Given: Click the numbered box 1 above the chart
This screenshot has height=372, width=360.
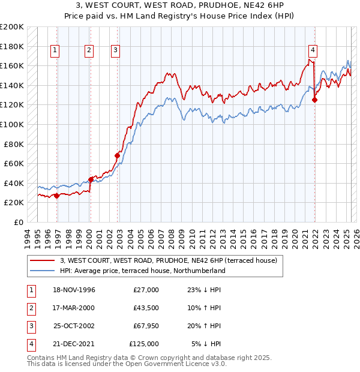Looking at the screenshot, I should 55,51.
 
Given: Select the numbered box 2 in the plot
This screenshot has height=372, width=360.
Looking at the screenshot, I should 89,51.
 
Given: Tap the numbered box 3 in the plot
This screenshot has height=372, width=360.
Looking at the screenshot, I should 115,51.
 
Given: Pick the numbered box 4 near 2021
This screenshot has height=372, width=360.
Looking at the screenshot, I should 313,51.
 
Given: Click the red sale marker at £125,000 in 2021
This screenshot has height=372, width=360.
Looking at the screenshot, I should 315,100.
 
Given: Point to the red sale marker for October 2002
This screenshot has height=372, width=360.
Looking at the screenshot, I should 117,156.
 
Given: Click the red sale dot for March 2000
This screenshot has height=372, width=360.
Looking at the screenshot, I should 91,179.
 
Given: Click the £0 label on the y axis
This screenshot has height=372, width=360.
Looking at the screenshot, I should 19,222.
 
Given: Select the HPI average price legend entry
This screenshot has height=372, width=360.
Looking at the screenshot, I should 142,271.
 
